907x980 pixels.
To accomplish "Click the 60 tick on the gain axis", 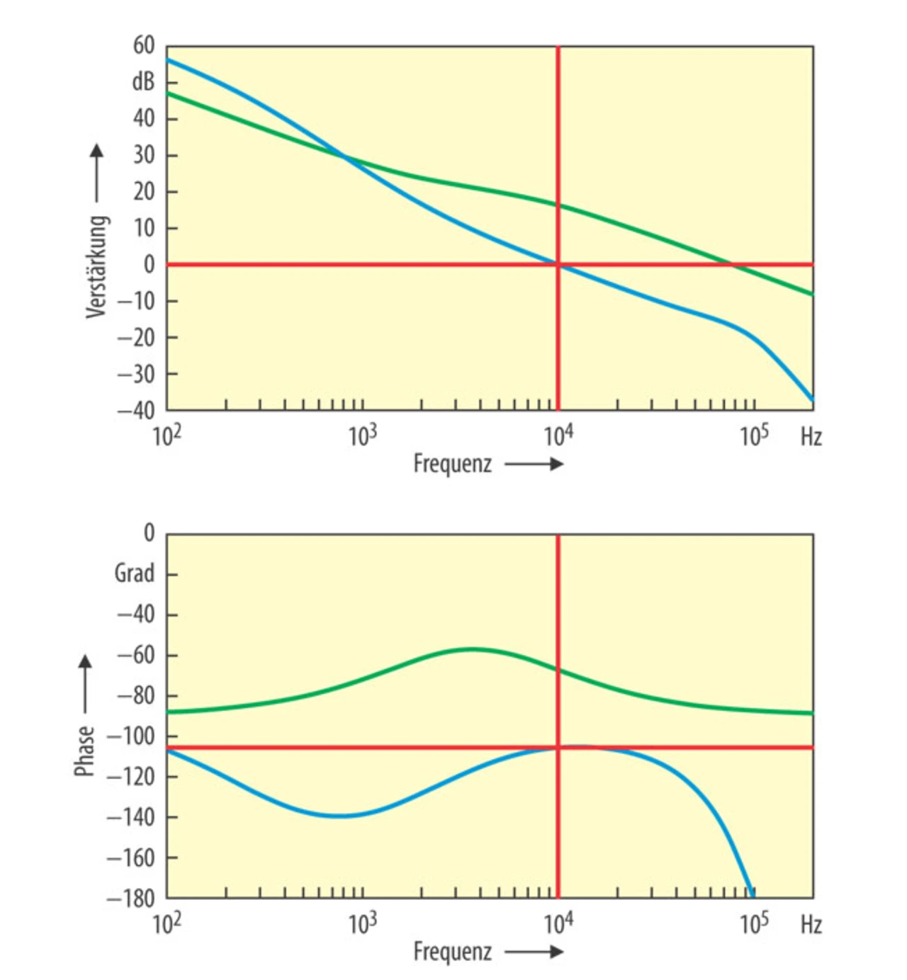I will pyautogui.click(x=143, y=46).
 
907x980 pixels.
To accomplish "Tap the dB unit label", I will pyautogui.click(x=143, y=82).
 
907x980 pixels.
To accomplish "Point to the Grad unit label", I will pyautogui.click(x=135, y=573).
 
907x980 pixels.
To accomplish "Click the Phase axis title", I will pyautogui.click(x=85, y=751).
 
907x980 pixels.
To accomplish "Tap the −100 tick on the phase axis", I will pyautogui.click(x=131, y=736).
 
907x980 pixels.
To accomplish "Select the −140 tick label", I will pyautogui.click(x=131, y=817).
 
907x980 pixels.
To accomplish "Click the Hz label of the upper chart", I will pyautogui.click(x=811, y=437).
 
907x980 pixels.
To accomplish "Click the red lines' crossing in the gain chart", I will pyautogui.click(x=558, y=265).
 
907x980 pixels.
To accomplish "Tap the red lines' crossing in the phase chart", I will pyautogui.click(x=558, y=747).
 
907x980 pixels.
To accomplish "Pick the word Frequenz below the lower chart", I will pyautogui.click(x=452, y=952).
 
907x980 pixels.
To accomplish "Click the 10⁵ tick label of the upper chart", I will pyautogui.click(x=754, y=435).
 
